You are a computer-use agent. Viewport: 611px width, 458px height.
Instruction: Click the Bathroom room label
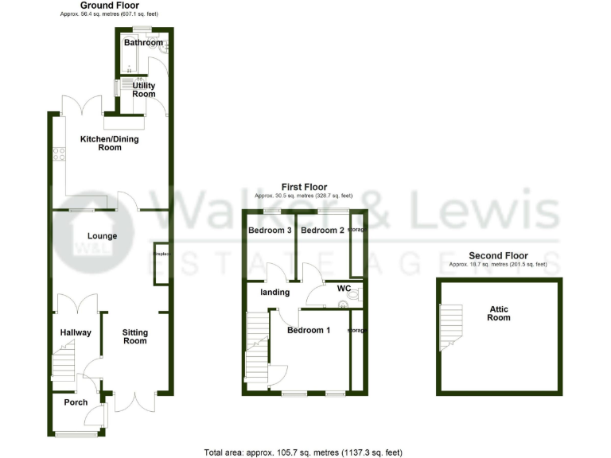(143, 43)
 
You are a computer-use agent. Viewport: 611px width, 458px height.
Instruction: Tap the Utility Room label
(144, 89)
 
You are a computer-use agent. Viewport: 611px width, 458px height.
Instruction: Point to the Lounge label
(103, 236)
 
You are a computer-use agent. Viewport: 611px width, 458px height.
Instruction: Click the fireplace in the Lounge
(159, 262)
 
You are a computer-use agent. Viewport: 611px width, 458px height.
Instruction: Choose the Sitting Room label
(134, 336)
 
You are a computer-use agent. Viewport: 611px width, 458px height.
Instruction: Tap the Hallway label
(76, 333)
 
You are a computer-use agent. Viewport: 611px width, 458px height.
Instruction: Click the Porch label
(76, 402)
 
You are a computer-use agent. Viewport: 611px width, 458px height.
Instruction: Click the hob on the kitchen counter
(59, 154)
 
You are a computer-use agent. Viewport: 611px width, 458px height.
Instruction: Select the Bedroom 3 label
(269, 231)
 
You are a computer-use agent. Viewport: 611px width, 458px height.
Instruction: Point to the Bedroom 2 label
(322, 231)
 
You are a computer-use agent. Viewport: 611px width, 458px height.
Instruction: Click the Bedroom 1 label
(309, 330)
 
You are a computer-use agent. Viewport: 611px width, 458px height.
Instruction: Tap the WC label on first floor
(344, 288)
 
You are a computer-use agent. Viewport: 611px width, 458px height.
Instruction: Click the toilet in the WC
(354, 295)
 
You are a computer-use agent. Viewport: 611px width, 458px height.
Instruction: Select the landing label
(275, 293)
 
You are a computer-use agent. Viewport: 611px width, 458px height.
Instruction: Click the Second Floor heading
(498, 255)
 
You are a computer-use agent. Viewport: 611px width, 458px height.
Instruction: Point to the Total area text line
(303, 452)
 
